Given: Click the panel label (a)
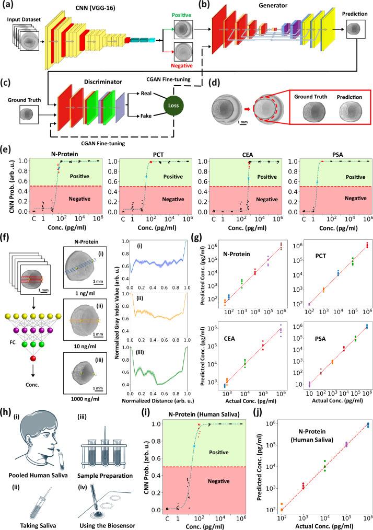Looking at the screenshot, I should [9, 5].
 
